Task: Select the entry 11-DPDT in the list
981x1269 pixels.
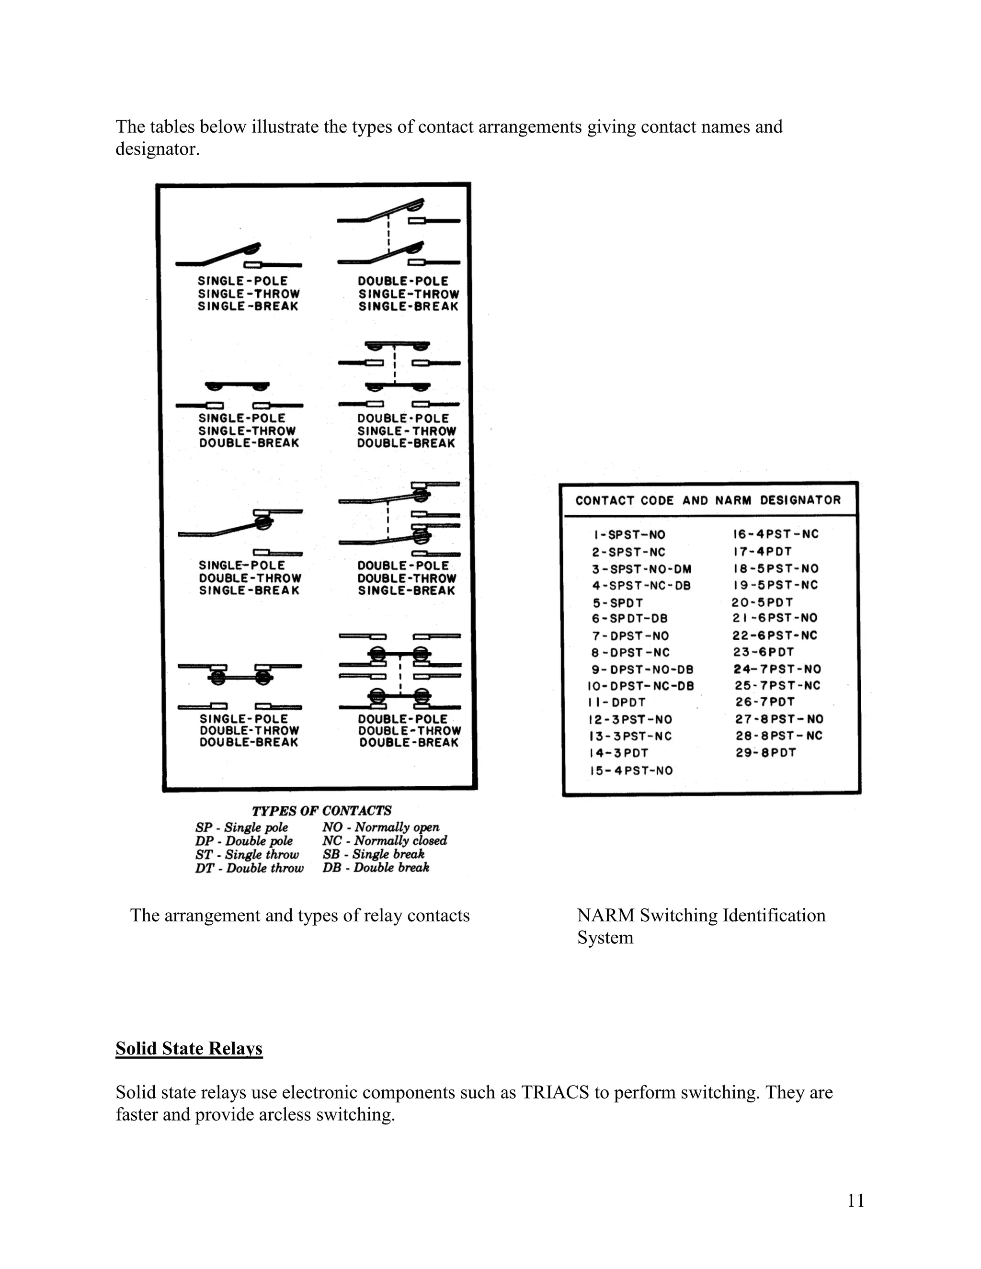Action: click(616, 702)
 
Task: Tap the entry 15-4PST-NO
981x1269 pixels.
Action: click(631, 770)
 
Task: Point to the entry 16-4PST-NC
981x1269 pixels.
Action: click(776, 534)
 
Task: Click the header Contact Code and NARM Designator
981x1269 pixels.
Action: click(708, 500)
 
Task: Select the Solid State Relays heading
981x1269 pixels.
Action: click(189, 1049)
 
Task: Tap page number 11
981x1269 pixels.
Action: click(856, 1201)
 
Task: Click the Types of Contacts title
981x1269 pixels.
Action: click(321, 811)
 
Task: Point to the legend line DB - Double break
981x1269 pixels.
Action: click(376, 868)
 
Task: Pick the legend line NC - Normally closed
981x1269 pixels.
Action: click(385, 841)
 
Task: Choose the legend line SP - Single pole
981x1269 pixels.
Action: click(241, 827)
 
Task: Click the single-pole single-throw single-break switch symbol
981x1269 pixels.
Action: click(238, 256)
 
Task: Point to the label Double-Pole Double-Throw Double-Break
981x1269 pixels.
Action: click(409, 731)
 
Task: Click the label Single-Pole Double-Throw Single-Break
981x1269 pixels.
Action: click(250, 578)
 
